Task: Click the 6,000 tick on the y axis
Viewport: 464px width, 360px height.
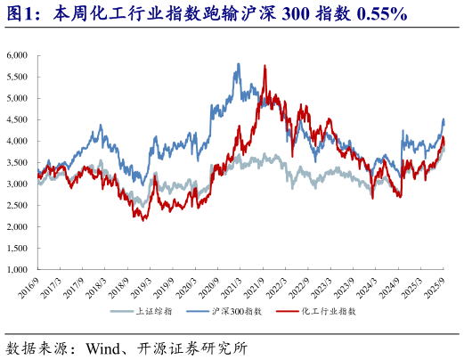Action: (19, 55)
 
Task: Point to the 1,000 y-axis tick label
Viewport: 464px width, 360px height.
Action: (19, 269)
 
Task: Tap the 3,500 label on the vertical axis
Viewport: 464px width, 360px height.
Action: (19, 162)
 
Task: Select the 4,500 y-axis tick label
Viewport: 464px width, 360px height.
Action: (19, 119)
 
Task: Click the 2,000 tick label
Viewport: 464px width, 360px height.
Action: (19, 226)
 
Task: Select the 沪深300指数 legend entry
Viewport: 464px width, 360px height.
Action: (235, 312)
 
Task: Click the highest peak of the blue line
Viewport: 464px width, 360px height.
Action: (239, 64)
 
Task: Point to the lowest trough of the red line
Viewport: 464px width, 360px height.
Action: (143, 220)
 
